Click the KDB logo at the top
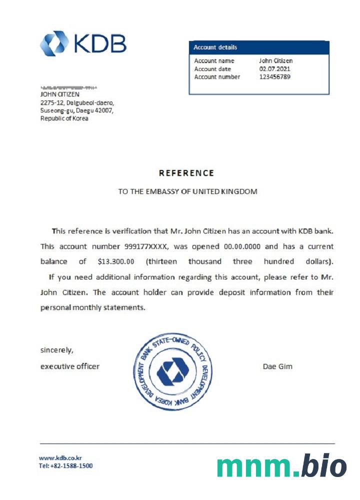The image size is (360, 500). (83, 43)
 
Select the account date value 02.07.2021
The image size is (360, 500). (274, 69)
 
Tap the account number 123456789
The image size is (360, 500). (274, 77)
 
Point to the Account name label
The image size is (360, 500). (214, 61)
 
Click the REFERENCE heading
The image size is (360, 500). (186, 173)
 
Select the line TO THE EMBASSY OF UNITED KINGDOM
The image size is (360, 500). (187, 191)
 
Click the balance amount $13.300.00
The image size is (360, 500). (114, 261)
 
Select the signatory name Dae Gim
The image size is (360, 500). (277, 366)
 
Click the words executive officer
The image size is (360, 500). (69, 366)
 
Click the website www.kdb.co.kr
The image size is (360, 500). (60, 457)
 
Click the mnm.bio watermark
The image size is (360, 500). (281, 466)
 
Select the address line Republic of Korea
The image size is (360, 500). (64, 118)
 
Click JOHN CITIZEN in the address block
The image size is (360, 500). (59, 93)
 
